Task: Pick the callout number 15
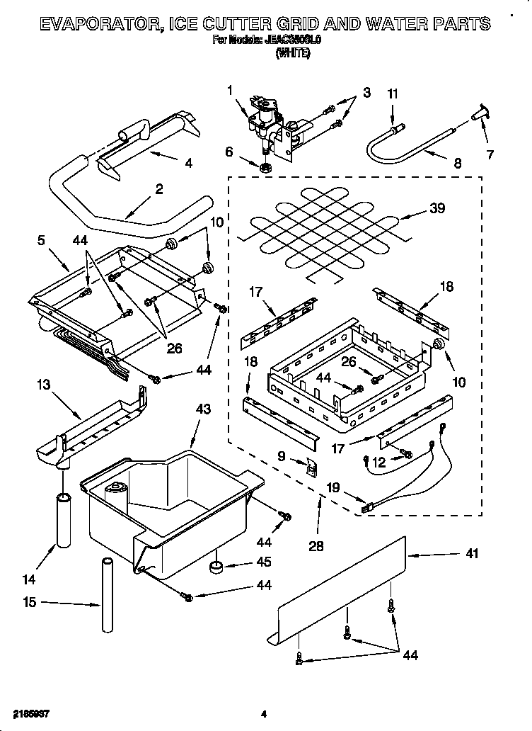29,603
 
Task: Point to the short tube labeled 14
64,521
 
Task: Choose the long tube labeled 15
108,596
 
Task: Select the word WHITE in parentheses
293,53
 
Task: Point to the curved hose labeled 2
127,212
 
